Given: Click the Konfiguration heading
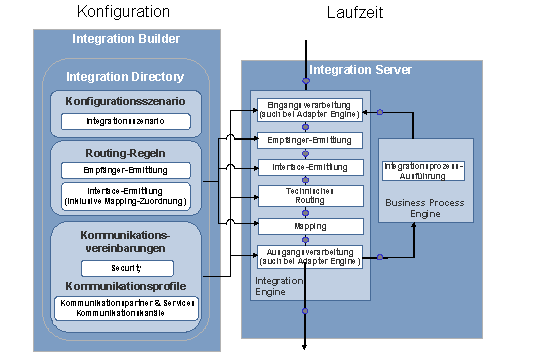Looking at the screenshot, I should click(123, 12).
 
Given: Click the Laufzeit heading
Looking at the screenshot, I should click(354, 12).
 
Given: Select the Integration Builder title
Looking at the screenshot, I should click(126, 39).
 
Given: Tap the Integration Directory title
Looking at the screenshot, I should click(125, 76).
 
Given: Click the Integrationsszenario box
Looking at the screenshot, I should click(127, 121).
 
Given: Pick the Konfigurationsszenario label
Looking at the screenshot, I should click(127, 101).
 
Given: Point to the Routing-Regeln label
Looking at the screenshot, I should click(127, 152).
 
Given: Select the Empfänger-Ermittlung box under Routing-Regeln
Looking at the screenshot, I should click(127, 170).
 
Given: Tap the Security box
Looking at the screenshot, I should click(127, 268).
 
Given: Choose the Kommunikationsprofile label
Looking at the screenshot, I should click(127, 286).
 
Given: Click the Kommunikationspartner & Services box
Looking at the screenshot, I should click(127, 307).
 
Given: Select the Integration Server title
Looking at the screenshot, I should click(360, 70).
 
